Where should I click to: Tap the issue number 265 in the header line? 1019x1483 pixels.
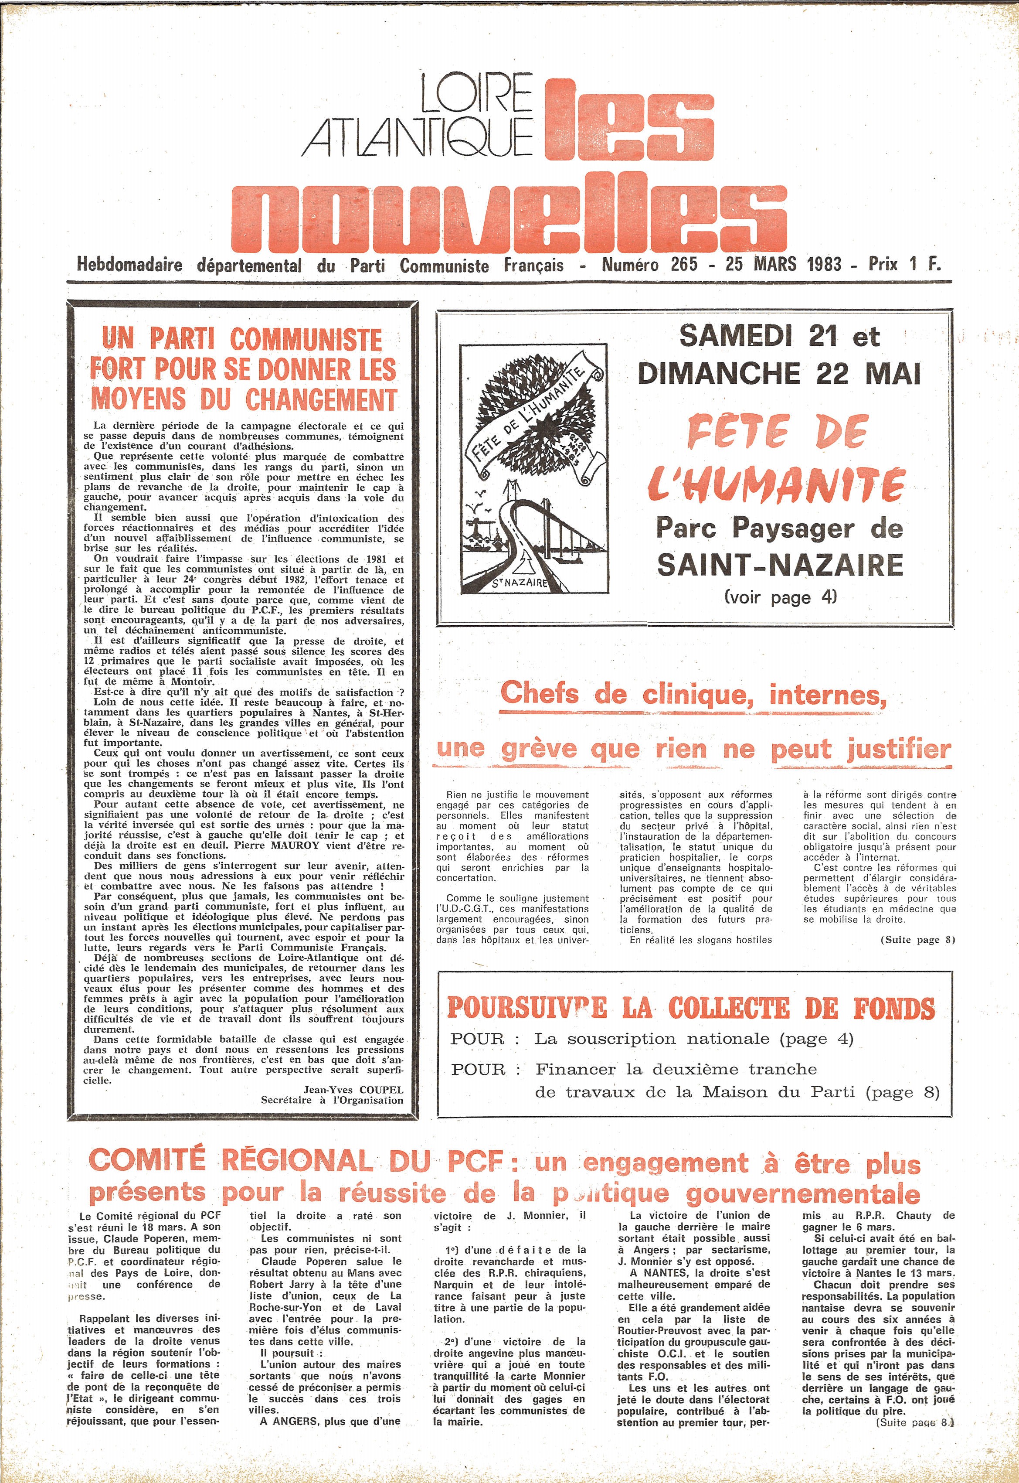684,264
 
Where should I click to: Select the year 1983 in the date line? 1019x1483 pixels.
824,264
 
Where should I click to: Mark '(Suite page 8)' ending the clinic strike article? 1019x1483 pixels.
917,940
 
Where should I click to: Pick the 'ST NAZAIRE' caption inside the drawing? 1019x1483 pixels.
520,583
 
